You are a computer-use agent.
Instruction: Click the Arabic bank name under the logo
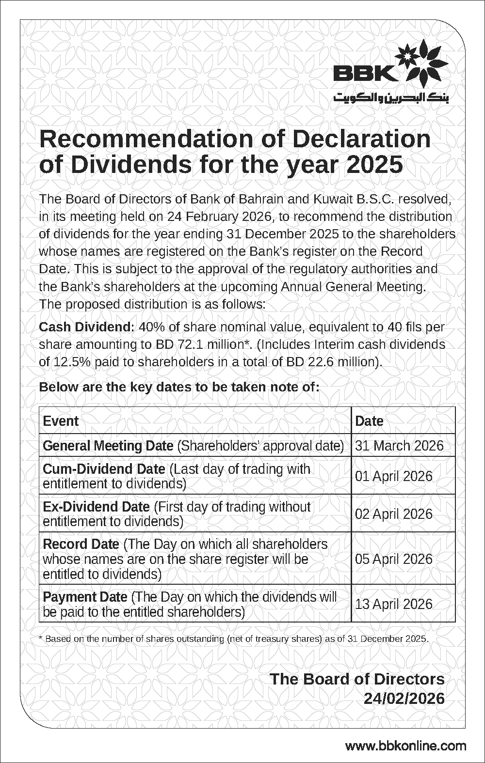click(390, 97)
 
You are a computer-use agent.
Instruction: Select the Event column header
click(61, 420)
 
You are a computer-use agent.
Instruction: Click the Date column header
click(369, 420)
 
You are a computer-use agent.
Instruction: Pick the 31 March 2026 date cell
click(399, 446)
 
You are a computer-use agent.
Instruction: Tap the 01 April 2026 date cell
click(393, 476)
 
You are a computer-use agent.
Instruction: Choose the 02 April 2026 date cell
click(393, 514)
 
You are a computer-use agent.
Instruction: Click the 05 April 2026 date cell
click(393, 559)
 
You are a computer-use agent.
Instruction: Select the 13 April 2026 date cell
click(393, 604)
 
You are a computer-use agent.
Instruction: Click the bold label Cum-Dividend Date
click(104, 469)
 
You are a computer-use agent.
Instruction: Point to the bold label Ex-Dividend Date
click(96, 507)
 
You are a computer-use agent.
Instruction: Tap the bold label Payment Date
click(85, 597)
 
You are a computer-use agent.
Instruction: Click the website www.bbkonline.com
click(405, 746)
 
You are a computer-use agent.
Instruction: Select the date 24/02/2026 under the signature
click(404, 698)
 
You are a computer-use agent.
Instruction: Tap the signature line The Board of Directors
click(357, 679)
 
